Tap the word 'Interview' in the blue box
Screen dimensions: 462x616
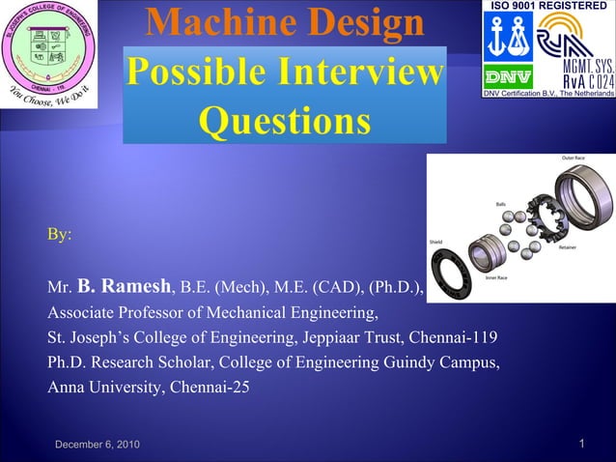coord(365,73)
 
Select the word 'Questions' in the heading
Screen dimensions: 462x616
coord(285,122)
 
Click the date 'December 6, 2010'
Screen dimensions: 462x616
coord(97,444)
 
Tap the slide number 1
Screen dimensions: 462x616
coord(583,443)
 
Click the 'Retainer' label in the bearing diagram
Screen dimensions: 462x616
coord(569,247)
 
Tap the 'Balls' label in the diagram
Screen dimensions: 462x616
coord(501,204)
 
